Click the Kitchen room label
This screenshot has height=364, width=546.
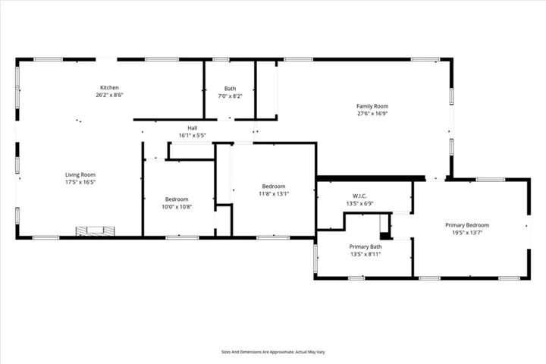click(110, 88)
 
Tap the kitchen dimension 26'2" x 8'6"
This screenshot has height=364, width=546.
click(110, 96)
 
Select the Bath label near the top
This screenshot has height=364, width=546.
click(229, 88)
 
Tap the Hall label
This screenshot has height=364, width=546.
click(193, 127)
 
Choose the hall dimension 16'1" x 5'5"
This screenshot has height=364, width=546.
click(193, 135)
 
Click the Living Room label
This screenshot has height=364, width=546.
click(80, 174)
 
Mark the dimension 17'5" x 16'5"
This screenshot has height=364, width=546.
click(80, 182)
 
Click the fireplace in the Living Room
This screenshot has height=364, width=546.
click(95, 231)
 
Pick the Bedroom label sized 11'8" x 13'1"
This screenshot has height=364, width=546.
click(274, 187)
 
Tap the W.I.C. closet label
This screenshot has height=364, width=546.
click(360, 196)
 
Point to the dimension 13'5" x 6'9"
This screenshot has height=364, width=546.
click(360, 203)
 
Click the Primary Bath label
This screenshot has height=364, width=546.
click(366, 246)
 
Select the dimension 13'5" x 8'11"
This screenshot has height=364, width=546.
click(366, 254)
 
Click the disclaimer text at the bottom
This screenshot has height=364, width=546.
click(273, 352)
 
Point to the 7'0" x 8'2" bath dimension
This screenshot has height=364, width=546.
click(229, 96)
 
